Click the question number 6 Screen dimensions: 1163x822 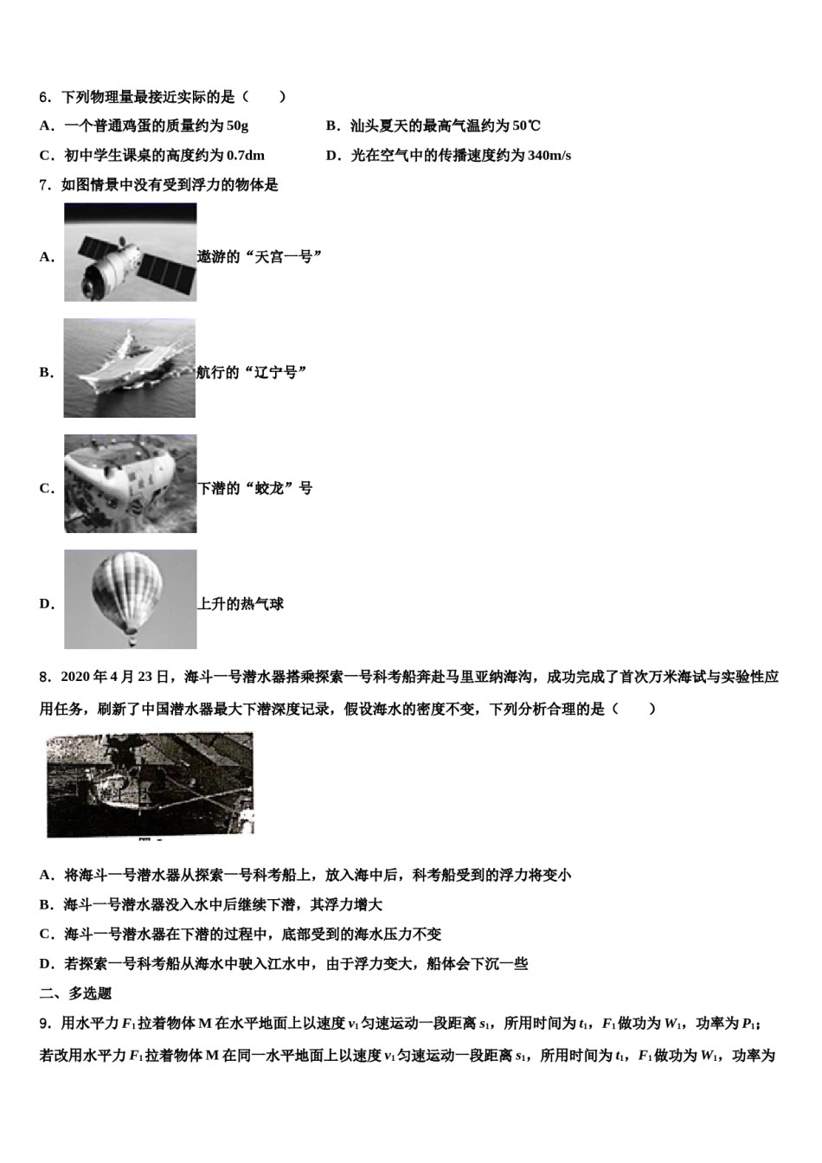45,97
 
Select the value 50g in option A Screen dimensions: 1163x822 237,126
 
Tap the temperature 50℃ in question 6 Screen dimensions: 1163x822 526,126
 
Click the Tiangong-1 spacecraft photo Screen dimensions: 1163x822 130,253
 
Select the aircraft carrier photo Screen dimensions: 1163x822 130,368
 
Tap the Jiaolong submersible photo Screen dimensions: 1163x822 130,484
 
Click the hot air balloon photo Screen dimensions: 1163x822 130,599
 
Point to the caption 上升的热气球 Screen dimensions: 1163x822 241,604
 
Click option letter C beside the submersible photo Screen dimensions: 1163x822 47,489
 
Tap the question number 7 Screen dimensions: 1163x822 45,185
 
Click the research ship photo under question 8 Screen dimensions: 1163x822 150,785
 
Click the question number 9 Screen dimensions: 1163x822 45,1024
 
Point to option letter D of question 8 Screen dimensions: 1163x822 47,964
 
